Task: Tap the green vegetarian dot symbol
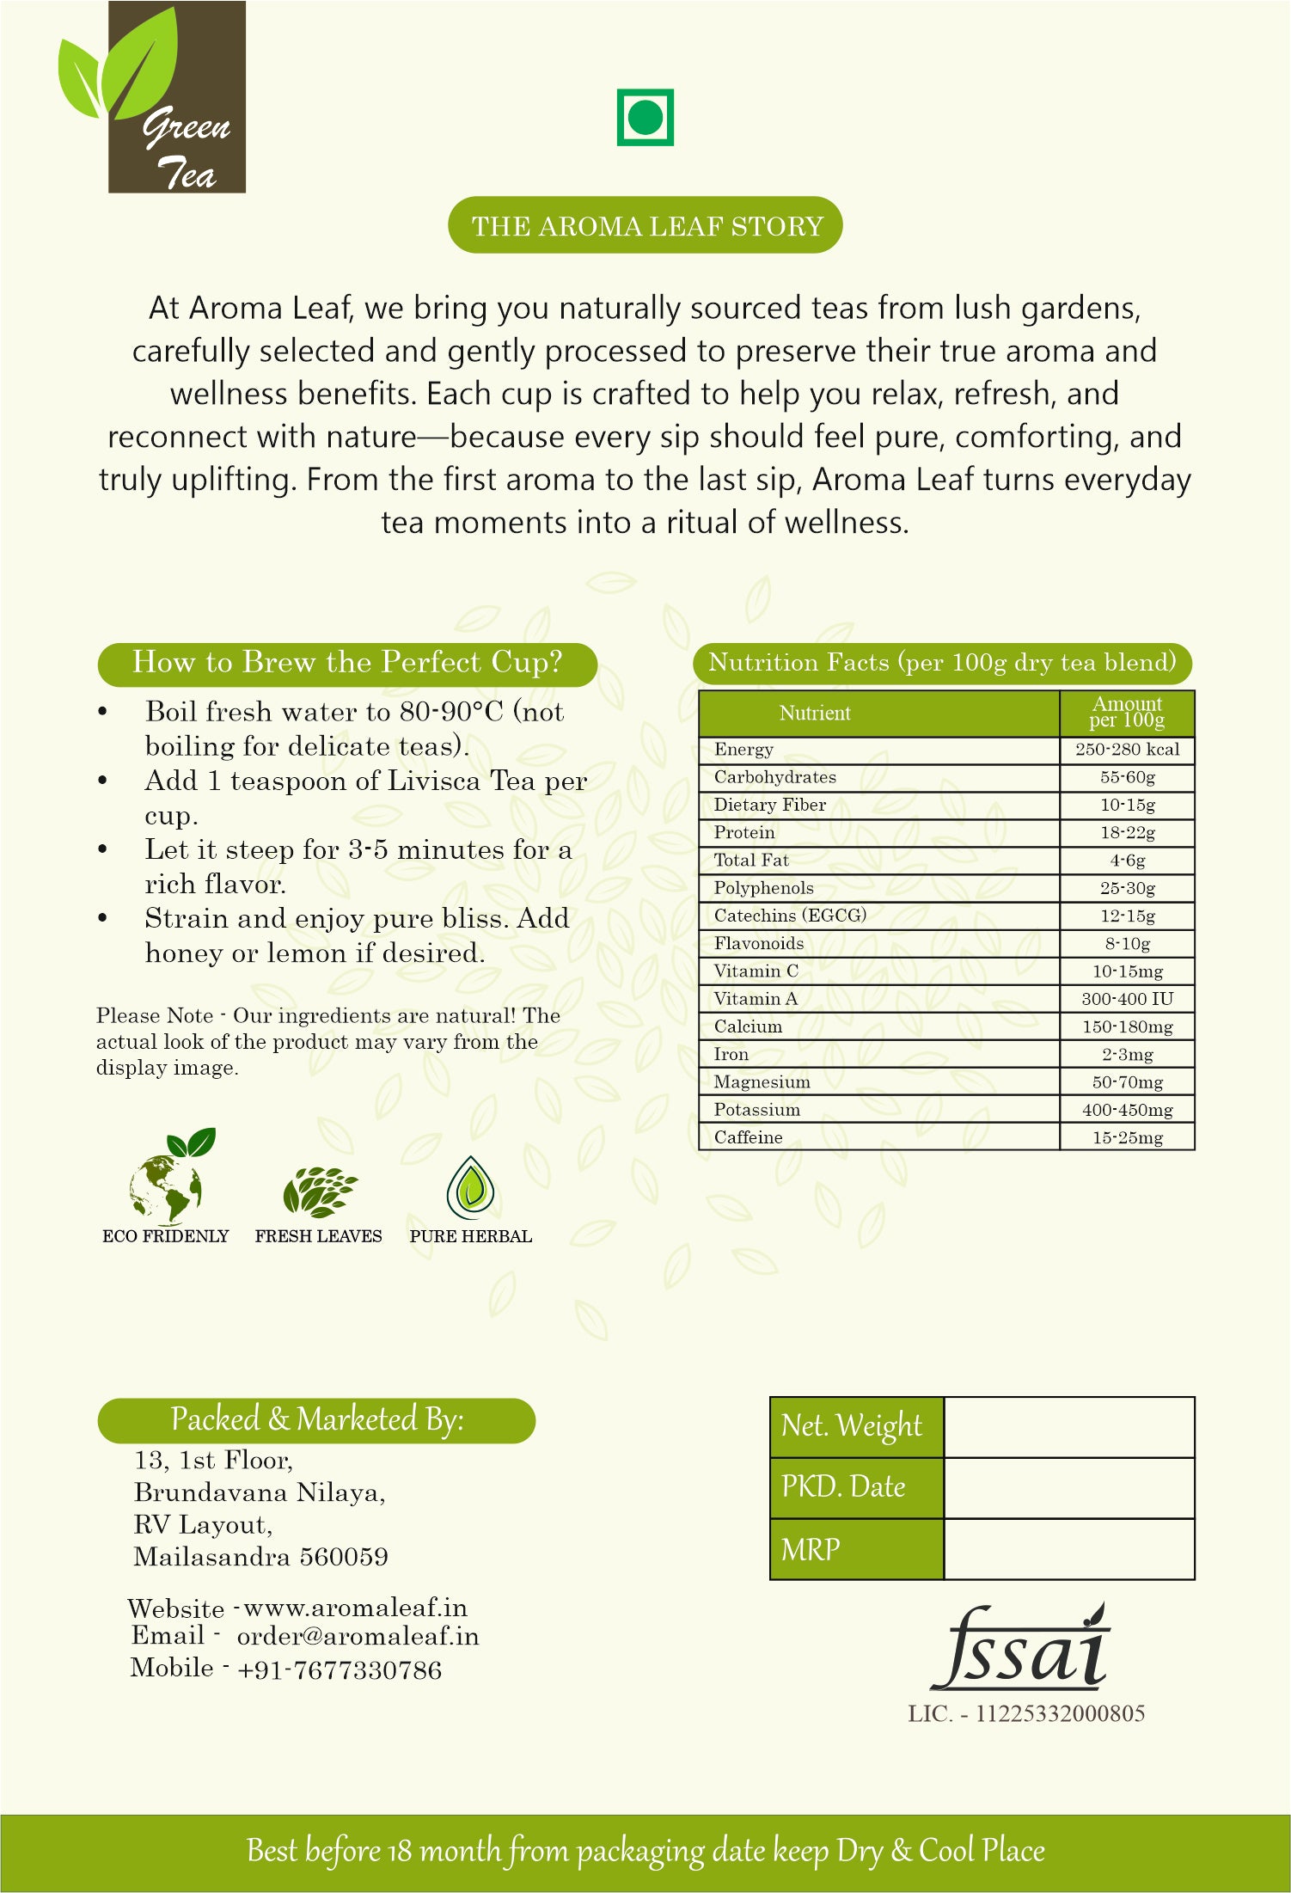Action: (645, 117)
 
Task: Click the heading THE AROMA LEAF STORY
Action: (645, 225)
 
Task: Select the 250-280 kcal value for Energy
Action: (1127, 750)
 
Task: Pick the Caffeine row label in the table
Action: (748, 1137)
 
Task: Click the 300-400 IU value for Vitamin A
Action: (1127, 999)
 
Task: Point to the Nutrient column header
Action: (815, 713)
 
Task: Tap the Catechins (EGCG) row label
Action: (789, 916)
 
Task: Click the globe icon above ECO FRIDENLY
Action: (167, 1182)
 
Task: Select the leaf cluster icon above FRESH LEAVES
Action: (319, 1192)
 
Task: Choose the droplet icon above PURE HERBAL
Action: (470, 1189)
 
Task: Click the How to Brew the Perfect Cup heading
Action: (347, 663)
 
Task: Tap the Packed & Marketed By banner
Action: (316, 1419)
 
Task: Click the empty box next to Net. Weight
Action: (1068, 1427)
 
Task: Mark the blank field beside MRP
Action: (1068, 1549)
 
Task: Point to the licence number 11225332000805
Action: (1059, 1714)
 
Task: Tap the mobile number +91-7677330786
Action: (340, 1670)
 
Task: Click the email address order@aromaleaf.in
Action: (358, 1637)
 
